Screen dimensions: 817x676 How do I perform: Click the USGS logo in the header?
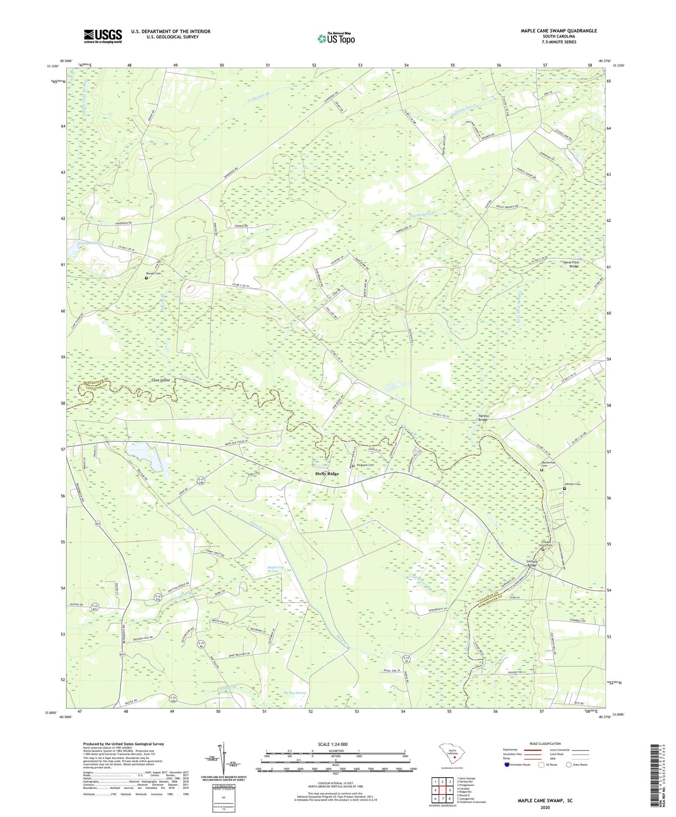[x=103, y=36]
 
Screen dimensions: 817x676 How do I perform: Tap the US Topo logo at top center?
[x=335, y=38]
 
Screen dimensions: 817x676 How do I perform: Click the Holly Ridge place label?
[x=327, y=474]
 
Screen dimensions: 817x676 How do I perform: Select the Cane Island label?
[x=160, y=380]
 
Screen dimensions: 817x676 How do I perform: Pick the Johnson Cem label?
[x=573, y=484]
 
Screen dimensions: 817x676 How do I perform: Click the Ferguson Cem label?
[x=365, y=465]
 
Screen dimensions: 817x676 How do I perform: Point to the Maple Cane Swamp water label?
[x=276, y=569]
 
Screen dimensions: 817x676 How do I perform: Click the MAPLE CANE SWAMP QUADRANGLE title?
[x=559, y=31]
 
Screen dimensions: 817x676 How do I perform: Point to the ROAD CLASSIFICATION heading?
[x=545, y=744]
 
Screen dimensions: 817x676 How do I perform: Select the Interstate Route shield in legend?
[x=508, y=765]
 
